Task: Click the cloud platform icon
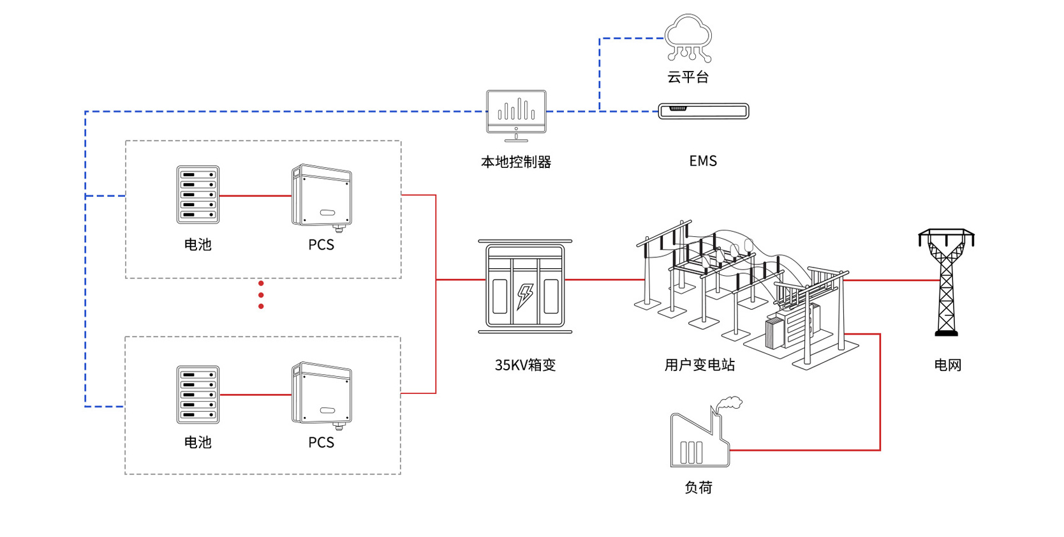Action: (688, 38)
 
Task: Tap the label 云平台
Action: (688, 77)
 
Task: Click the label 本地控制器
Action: (515, 162)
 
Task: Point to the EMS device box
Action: (703, 111)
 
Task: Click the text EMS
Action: (703, 161)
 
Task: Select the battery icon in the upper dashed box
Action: (198, 195)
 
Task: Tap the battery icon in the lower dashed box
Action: (198, 395)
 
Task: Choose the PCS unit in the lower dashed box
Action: (321, 395)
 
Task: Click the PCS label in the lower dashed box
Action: (321, 442)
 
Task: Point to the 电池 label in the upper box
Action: (198, 245)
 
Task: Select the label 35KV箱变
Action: (525, 365)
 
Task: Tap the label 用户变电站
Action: (700, 365)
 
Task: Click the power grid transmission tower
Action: (946, 282)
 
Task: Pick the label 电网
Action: (947, 365)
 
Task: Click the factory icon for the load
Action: (700, 438)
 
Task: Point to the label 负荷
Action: (698, 488)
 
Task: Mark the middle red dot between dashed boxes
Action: (261, 295)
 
